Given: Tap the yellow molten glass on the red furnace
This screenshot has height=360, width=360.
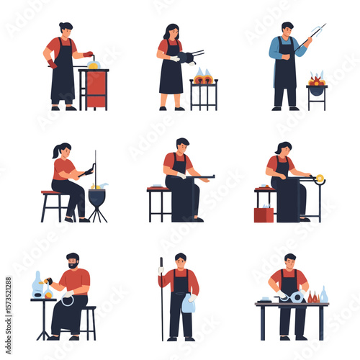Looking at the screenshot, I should (x=93, y=65).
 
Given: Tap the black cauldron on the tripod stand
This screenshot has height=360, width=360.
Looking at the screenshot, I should (x=97, y=196).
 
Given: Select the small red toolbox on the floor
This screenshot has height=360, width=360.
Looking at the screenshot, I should (x=264, y=214).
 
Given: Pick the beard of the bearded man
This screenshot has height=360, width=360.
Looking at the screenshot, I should (x=73, y=266).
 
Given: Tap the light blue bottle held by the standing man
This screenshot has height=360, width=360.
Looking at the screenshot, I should (x=189, y=305).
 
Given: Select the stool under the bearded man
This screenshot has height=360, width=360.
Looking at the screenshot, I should (x=88, y=322).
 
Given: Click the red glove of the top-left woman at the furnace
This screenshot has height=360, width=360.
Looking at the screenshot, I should (x=88, y=54).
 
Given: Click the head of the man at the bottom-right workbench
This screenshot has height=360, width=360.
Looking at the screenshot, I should (x=289, y=260).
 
